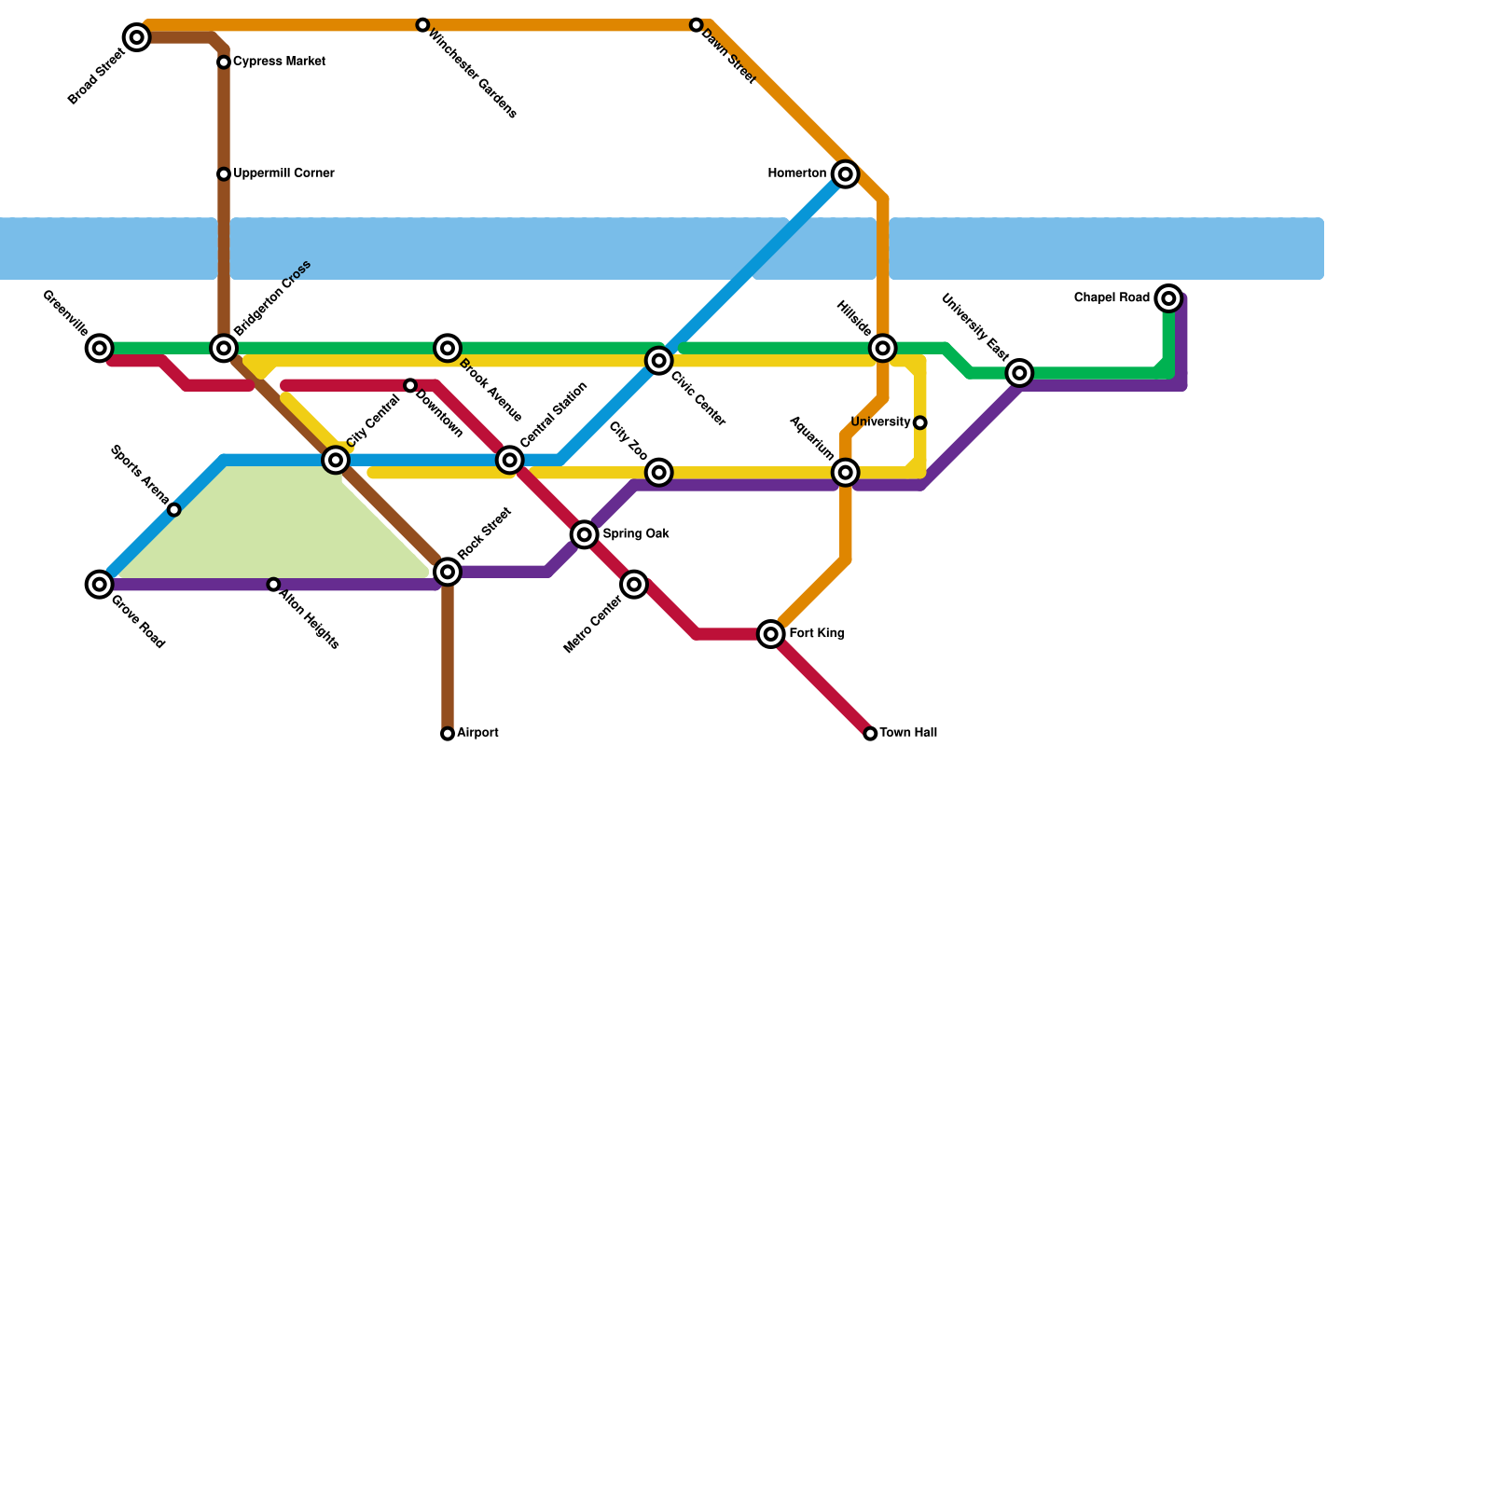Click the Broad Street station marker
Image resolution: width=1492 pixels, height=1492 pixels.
click(x=137, y=37)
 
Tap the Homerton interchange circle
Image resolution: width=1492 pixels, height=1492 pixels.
click(x=845, y=173)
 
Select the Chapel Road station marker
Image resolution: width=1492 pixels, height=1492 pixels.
click(x=1168, y=298)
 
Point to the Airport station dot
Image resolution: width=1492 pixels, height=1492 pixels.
click(x=448, y=734)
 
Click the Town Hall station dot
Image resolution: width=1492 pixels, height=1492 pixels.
click(x=870, y=734)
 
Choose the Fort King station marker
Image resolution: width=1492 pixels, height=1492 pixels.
click(x=770, y=634)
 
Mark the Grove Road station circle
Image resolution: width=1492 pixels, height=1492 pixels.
click(x=100, y=585)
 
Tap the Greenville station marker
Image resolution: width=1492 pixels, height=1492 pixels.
click(x=100, y=348)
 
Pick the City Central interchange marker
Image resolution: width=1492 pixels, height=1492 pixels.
click(x=336, y=460)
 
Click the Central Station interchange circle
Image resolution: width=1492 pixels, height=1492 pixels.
click(x=509, y=460)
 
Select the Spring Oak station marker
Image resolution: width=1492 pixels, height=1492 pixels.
click(x=585, y=534)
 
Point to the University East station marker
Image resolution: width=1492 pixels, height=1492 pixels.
click(x=1020, y=373)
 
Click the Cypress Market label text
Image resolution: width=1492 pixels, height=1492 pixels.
click(x=279, y=62)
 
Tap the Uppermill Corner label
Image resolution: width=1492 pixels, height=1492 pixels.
click(x=283, y=173)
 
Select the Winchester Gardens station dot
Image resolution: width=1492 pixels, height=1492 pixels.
click(x=422, y=25)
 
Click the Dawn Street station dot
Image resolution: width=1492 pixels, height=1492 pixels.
click(x=696, y=25)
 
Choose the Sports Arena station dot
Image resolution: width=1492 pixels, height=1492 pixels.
click(x=174, y=510)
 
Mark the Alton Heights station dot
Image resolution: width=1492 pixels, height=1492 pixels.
click(x=273, y=585)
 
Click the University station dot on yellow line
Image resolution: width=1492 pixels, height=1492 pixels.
click(x=919, y=422)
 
